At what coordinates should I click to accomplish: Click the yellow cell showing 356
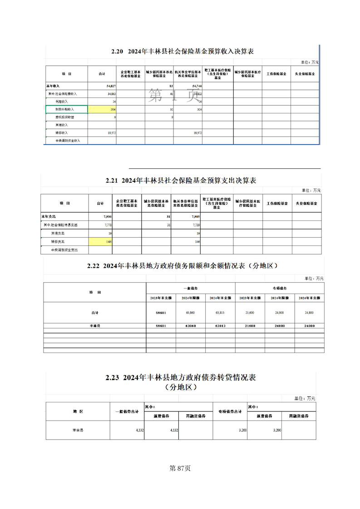click(103, 109)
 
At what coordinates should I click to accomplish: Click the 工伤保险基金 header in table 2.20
click(276, 73)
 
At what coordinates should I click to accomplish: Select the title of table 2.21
click(181, 181)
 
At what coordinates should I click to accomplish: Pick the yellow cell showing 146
click(102, 242)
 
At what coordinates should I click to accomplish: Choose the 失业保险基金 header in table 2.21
click(307, 203)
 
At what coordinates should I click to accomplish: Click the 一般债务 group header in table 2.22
click(191, 288)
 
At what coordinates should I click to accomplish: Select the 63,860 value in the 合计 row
click(191, 313)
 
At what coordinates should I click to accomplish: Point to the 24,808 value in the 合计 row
click(280, 313)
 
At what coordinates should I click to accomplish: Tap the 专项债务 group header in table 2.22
click(280, 288)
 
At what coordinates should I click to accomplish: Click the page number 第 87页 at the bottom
click(180, 468)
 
